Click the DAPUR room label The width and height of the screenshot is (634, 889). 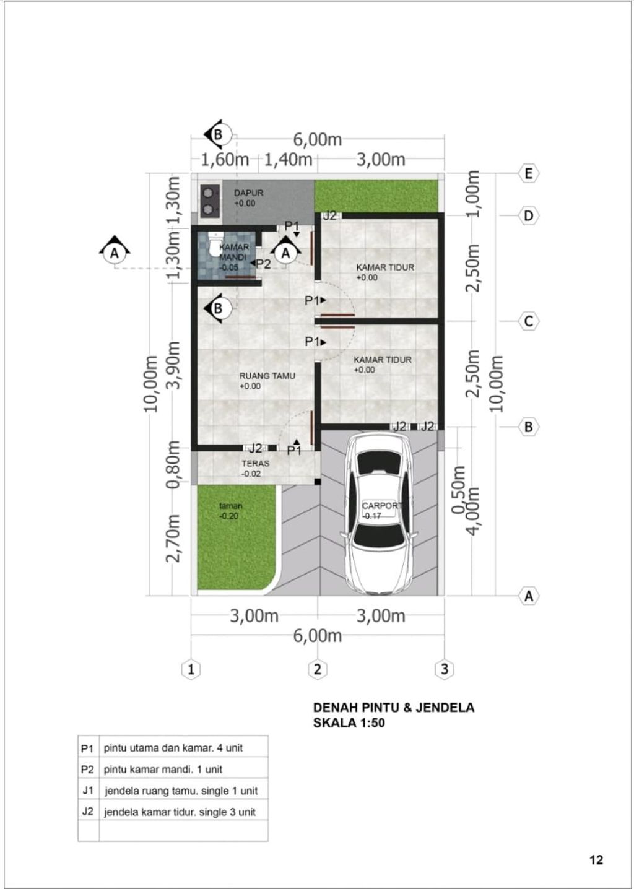248,193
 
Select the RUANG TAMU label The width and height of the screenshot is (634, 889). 267,376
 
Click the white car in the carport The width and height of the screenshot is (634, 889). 380,514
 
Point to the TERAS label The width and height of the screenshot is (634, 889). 255,463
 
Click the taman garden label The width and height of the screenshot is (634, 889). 231,506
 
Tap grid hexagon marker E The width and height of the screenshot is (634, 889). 528,173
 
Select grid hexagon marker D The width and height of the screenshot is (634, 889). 528,216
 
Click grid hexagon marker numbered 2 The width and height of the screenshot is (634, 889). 317,669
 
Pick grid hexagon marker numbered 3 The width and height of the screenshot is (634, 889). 445,669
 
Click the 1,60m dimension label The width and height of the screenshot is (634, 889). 225,160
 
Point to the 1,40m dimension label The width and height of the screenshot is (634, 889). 288,160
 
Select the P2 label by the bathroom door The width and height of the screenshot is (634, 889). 263,264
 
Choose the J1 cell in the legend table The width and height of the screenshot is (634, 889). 88,791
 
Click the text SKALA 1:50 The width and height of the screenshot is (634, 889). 349,722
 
